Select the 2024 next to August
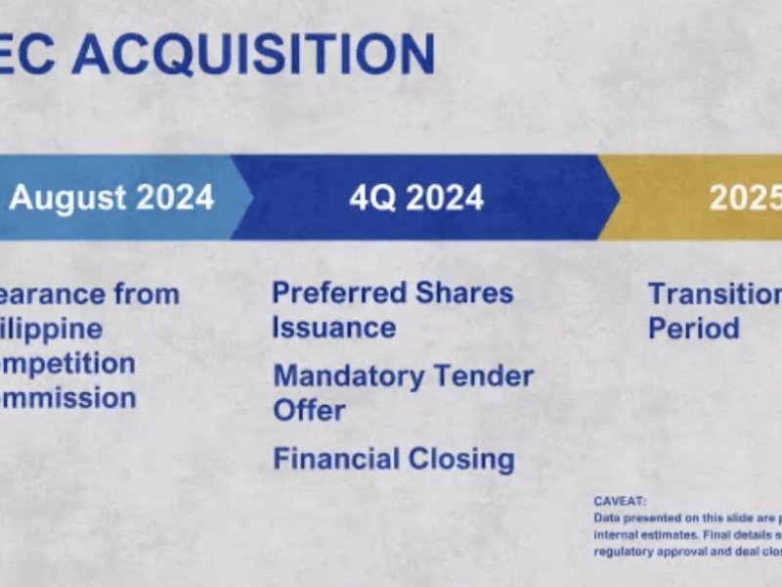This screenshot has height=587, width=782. pos(175,198)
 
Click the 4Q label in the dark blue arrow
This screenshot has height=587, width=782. pos(370,198)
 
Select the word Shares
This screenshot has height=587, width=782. pos(463,293)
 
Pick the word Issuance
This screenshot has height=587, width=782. pos(334,327)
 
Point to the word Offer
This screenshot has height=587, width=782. pos(309,410)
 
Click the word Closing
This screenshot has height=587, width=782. pos(464,458)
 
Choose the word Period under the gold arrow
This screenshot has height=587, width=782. pos(694,327)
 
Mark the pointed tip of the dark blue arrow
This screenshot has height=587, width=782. pos(618,198)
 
